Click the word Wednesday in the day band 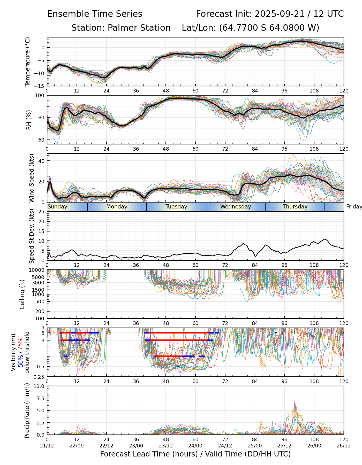[236, 207]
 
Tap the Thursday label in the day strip [295, 207]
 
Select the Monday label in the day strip [117, 207]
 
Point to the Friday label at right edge [354, 207]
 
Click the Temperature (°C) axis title [28, 61]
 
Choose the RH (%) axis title [29, 120]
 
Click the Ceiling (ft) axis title [22, 294]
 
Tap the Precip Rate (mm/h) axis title [27, 410]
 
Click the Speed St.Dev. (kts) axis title [32, 236]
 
